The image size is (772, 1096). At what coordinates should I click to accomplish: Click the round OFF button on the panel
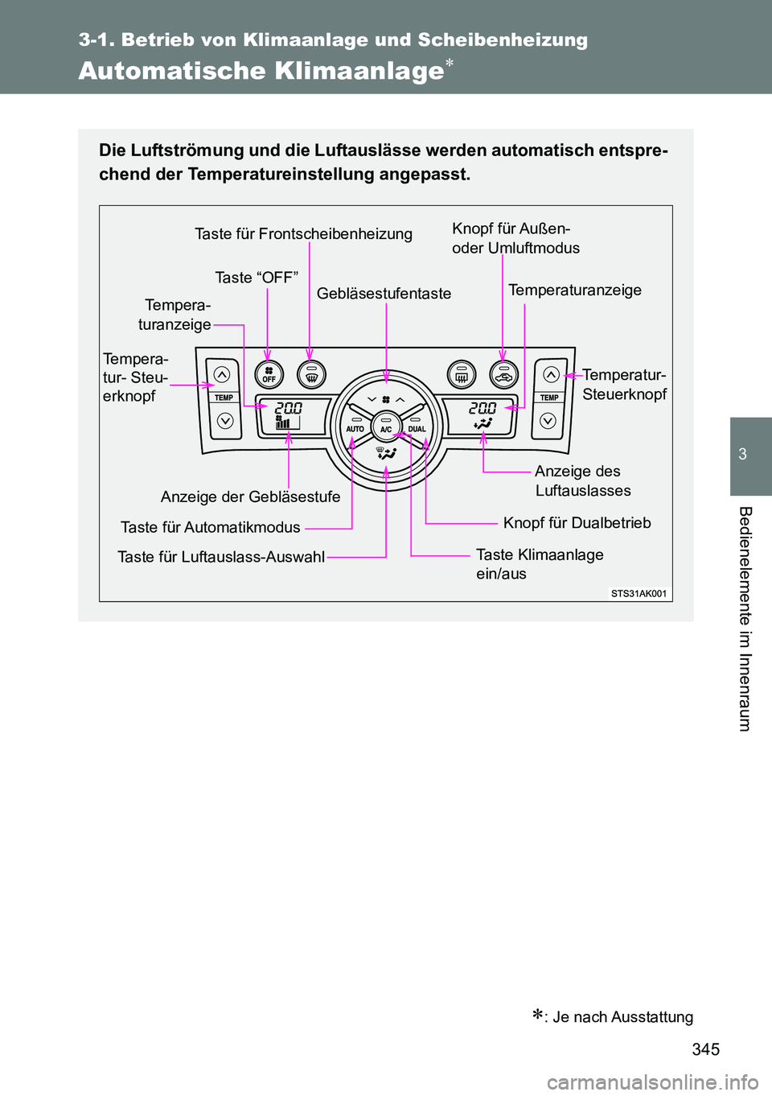(269, 375)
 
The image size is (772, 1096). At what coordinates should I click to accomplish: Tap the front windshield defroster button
(311, 375)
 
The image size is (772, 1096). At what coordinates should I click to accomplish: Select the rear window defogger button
(462, 375)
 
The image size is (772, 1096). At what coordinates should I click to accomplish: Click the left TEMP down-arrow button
(224, 420)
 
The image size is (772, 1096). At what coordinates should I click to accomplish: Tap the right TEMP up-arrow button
(551, 374)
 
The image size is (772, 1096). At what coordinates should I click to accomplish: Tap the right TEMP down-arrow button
(548, 420)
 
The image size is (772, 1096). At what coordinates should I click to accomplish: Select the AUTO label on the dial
(355, 429)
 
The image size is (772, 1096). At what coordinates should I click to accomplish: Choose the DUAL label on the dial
(417, 429)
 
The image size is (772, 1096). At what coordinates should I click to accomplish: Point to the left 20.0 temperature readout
(289, 408)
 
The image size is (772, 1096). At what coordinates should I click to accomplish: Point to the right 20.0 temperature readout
(482, 408)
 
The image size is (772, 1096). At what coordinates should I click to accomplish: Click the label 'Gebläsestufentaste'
(384, 294)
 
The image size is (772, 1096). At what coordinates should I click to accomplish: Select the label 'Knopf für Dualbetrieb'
(577, 523)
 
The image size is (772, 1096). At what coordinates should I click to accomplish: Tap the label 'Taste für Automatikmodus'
(210, 527)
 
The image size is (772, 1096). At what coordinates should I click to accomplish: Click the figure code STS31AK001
(639, 593)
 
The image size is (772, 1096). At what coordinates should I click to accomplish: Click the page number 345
(705, 1049)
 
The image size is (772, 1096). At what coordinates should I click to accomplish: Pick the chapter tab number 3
(743, 454)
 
